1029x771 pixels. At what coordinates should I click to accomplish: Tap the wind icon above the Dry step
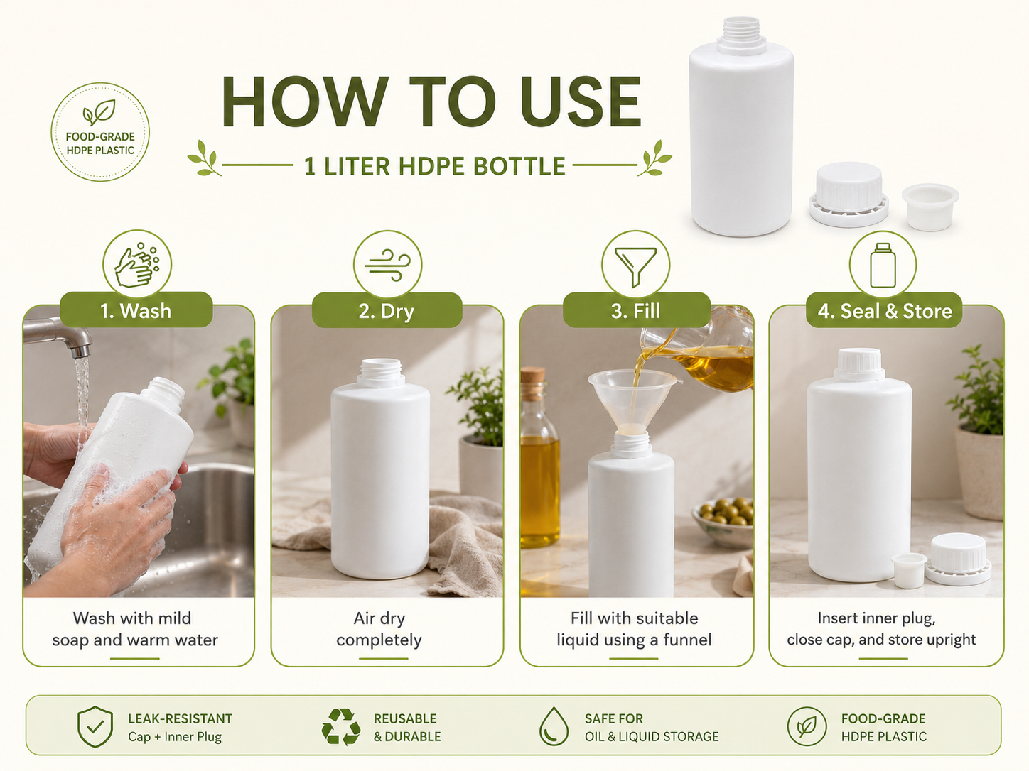pyautogui.click(x=387, y=266)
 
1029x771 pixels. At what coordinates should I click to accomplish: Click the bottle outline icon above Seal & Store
pyautogui.click(x=883, y=265)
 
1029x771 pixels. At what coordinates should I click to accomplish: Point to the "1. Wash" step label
pyautogui.click(x=136, y=311)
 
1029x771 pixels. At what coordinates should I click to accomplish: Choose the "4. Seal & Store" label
pyautogui.click(x=885, y=311)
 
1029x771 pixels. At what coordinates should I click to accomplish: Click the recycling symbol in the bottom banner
pyautogui.click(x=341, y=726)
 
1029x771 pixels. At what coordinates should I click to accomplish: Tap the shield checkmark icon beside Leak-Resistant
pyautogui.click(x=95, y=726)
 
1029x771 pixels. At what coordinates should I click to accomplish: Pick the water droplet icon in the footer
pyautogui.click(x=554, y=726)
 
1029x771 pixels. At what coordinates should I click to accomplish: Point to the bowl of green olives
pyautogui.click(x=723, y=520)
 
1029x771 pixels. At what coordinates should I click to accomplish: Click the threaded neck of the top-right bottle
pyautogui.click(x=741, y=30)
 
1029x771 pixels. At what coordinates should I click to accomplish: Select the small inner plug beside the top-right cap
pyautogui.click(x=930, y=207)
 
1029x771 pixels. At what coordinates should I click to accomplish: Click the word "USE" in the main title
pyautogui.click(x=581, y=102)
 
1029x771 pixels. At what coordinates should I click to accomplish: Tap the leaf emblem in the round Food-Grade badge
pyautogui.click(x=99, y=112)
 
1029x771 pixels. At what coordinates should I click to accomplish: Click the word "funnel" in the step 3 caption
pyautogui.click(x=687, y=640)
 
